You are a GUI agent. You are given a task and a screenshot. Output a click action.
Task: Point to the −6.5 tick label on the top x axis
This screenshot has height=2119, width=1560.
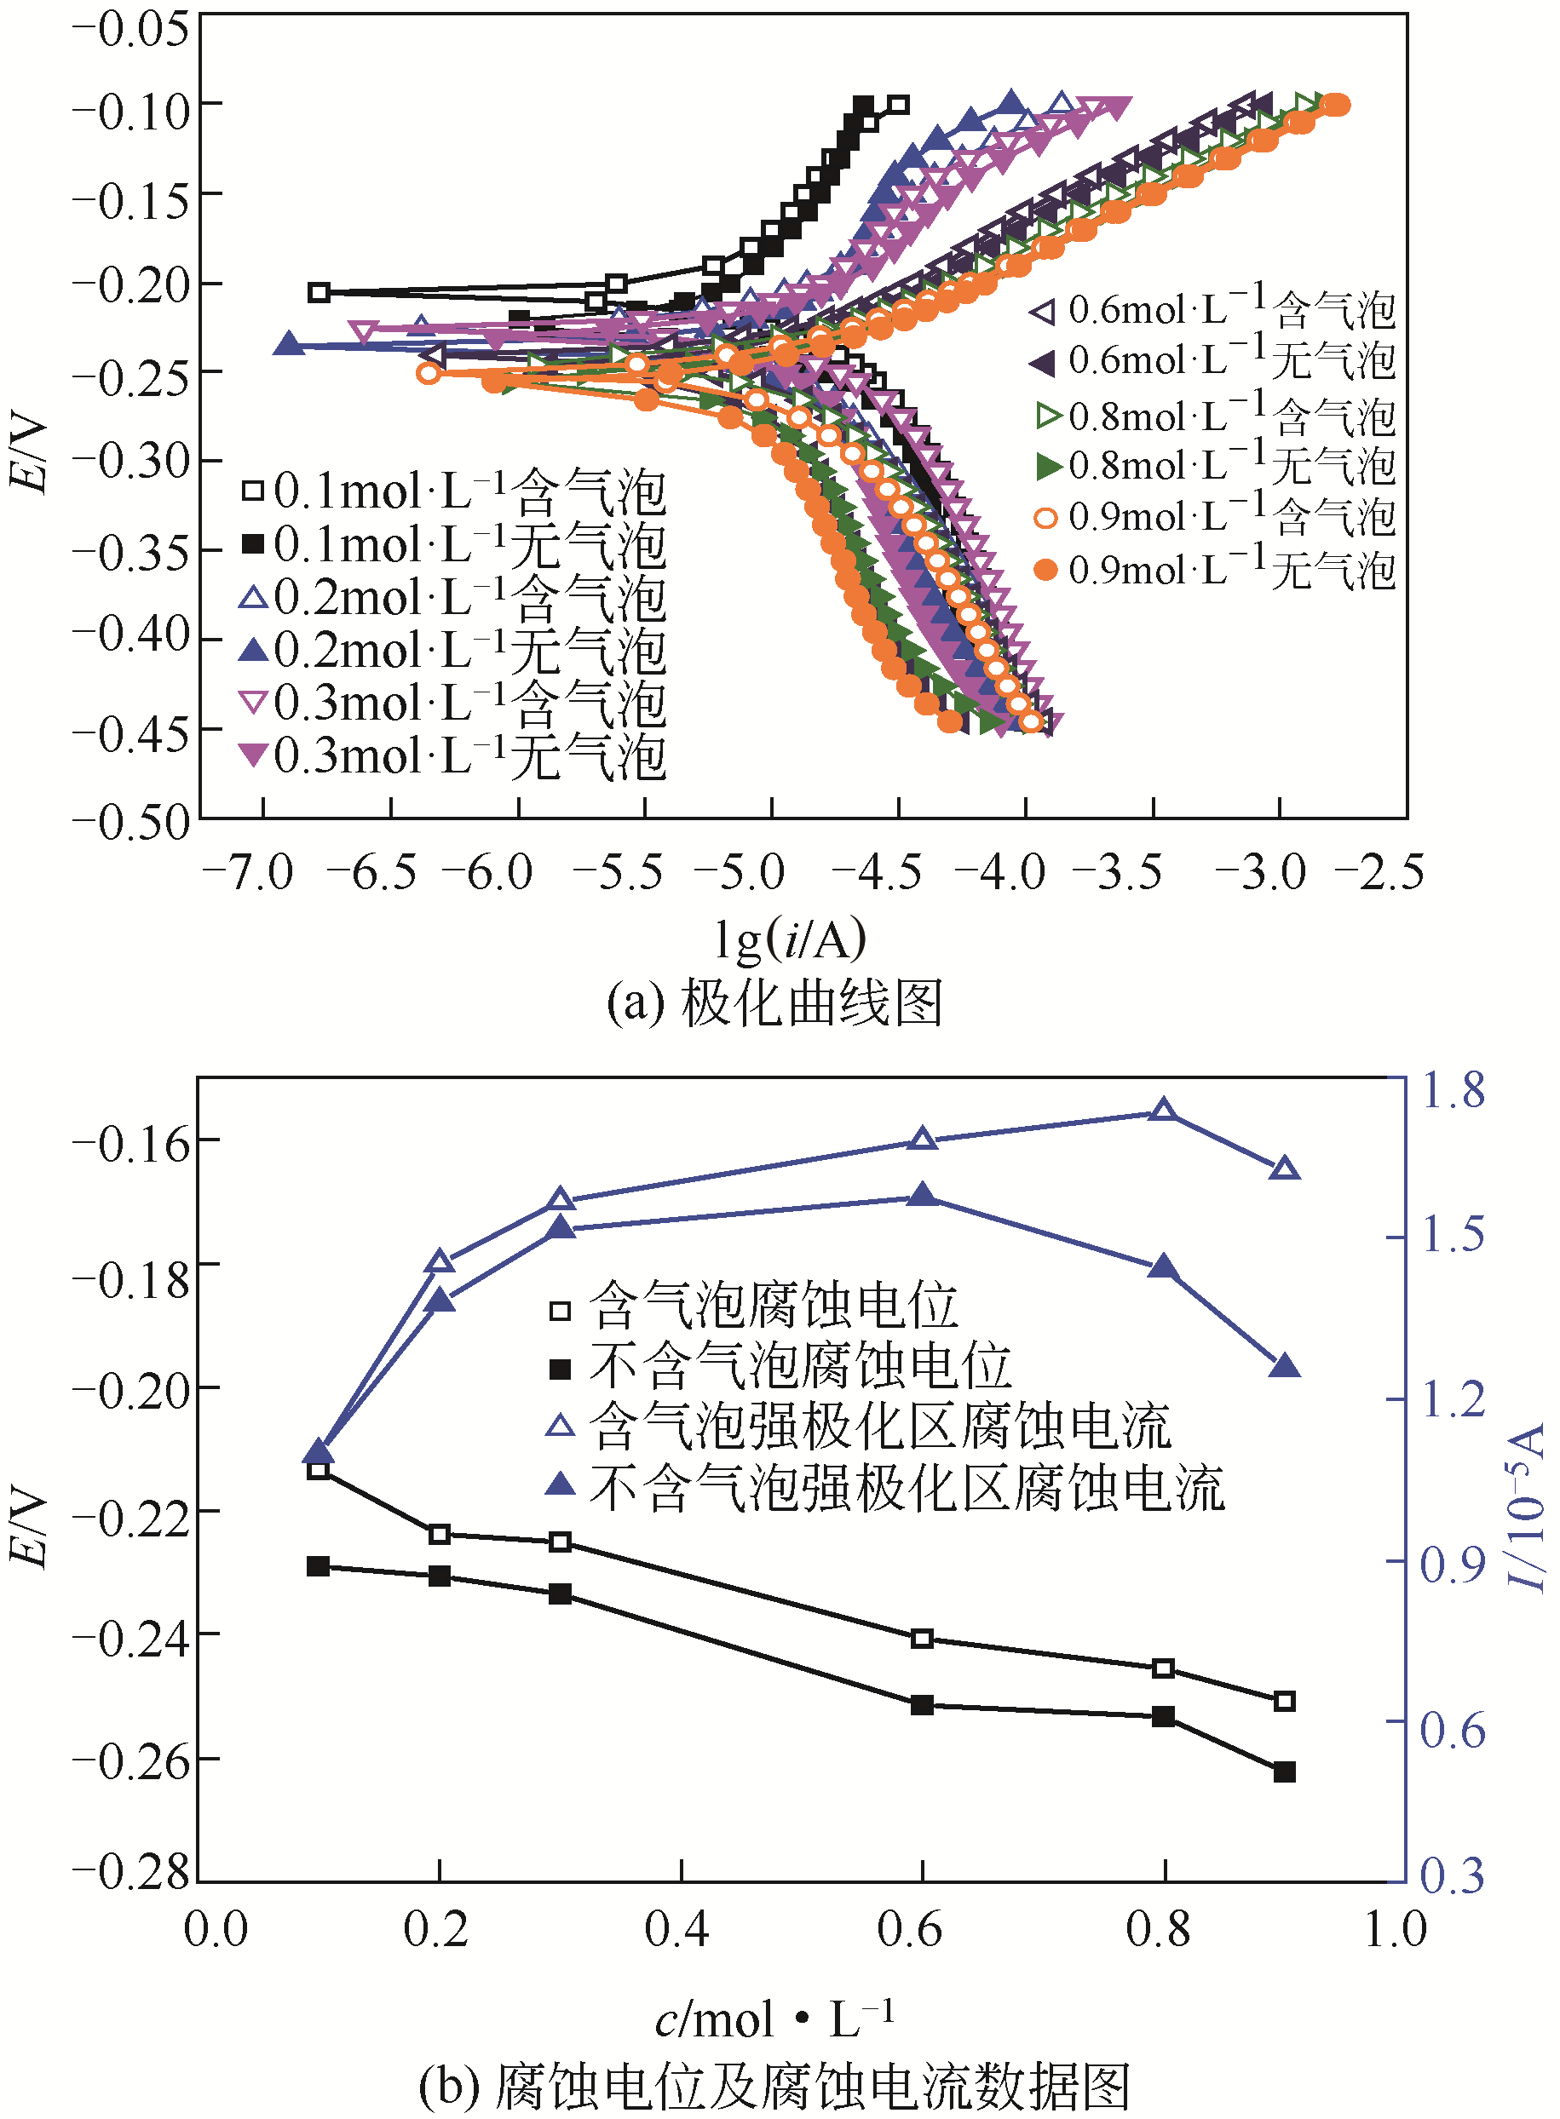click(x=372, y=873)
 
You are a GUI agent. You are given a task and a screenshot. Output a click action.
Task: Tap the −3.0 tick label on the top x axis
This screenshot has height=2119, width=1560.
click(x=1261, y=873)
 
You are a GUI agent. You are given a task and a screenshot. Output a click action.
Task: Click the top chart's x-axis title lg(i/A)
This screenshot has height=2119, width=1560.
click(x=790, y=939)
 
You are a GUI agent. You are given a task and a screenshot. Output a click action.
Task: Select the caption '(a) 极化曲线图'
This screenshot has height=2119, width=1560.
click(x=774, y=1002)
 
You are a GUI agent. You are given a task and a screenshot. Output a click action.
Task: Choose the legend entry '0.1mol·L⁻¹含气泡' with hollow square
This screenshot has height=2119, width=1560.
click(x=453, y=491)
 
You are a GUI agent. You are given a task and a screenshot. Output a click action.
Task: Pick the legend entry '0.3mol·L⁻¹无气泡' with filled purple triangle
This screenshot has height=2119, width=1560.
click(x=453, y=756)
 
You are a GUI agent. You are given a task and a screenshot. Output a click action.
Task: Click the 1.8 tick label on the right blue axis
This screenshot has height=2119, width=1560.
click(x=1453, y=1089)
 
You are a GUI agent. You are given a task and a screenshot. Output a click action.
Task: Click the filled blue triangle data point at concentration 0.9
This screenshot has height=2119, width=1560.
click(x=1284, y=1366)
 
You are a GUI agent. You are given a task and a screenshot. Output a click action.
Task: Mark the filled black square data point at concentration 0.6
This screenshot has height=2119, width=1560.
click(x=922, y=1704)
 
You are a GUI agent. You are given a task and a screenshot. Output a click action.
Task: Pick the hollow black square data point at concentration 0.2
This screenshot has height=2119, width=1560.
click(x=439, y=1534)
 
